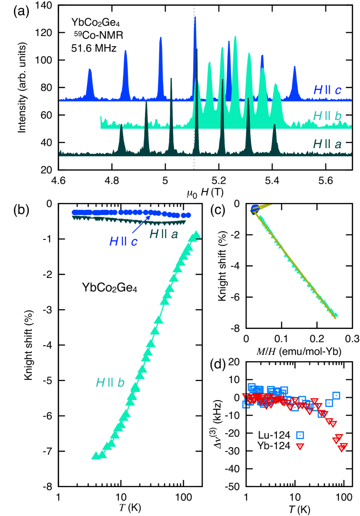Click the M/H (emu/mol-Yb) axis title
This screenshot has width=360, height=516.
pos(293,352)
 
